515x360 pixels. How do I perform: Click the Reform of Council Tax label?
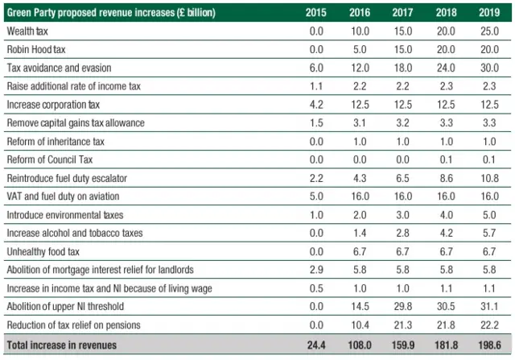50,159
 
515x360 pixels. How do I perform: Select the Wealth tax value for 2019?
489,31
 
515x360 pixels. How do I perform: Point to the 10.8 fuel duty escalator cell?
489,178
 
